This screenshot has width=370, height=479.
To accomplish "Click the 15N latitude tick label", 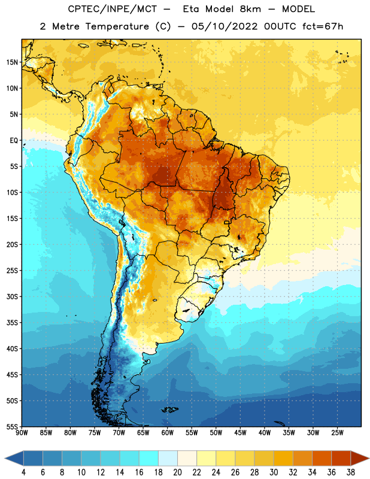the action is click(12, 62).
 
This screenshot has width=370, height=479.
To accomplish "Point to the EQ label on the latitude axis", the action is click(14, 141).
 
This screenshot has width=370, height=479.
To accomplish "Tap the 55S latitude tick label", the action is click(12, 427).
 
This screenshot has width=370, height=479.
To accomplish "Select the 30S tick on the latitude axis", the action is click(12, 296).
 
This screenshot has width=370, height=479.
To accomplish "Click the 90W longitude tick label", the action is click(22, 433).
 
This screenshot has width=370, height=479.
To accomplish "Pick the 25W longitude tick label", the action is click(337, 433).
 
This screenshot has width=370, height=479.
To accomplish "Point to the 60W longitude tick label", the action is click(168, 433).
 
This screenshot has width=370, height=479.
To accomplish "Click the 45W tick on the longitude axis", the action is click(240, 433).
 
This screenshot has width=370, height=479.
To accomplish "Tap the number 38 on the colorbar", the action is click(350, 472).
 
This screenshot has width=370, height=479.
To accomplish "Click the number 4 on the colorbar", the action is click(23, 472).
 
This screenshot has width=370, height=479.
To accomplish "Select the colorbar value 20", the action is click(177, 472).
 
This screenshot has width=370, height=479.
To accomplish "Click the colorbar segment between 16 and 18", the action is click(149, 459).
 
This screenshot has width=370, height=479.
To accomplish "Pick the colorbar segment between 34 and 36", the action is click(322, 459).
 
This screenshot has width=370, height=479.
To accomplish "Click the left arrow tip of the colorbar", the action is click(5, 459).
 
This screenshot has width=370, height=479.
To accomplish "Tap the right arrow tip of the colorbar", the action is click(369, 459).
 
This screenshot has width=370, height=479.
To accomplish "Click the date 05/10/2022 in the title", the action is click(225, 26).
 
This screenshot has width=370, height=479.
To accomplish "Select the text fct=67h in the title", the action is click(323, 26).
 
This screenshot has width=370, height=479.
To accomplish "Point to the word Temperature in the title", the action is click(117, 26).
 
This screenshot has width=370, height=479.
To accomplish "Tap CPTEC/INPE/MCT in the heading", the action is click(113, 9).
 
